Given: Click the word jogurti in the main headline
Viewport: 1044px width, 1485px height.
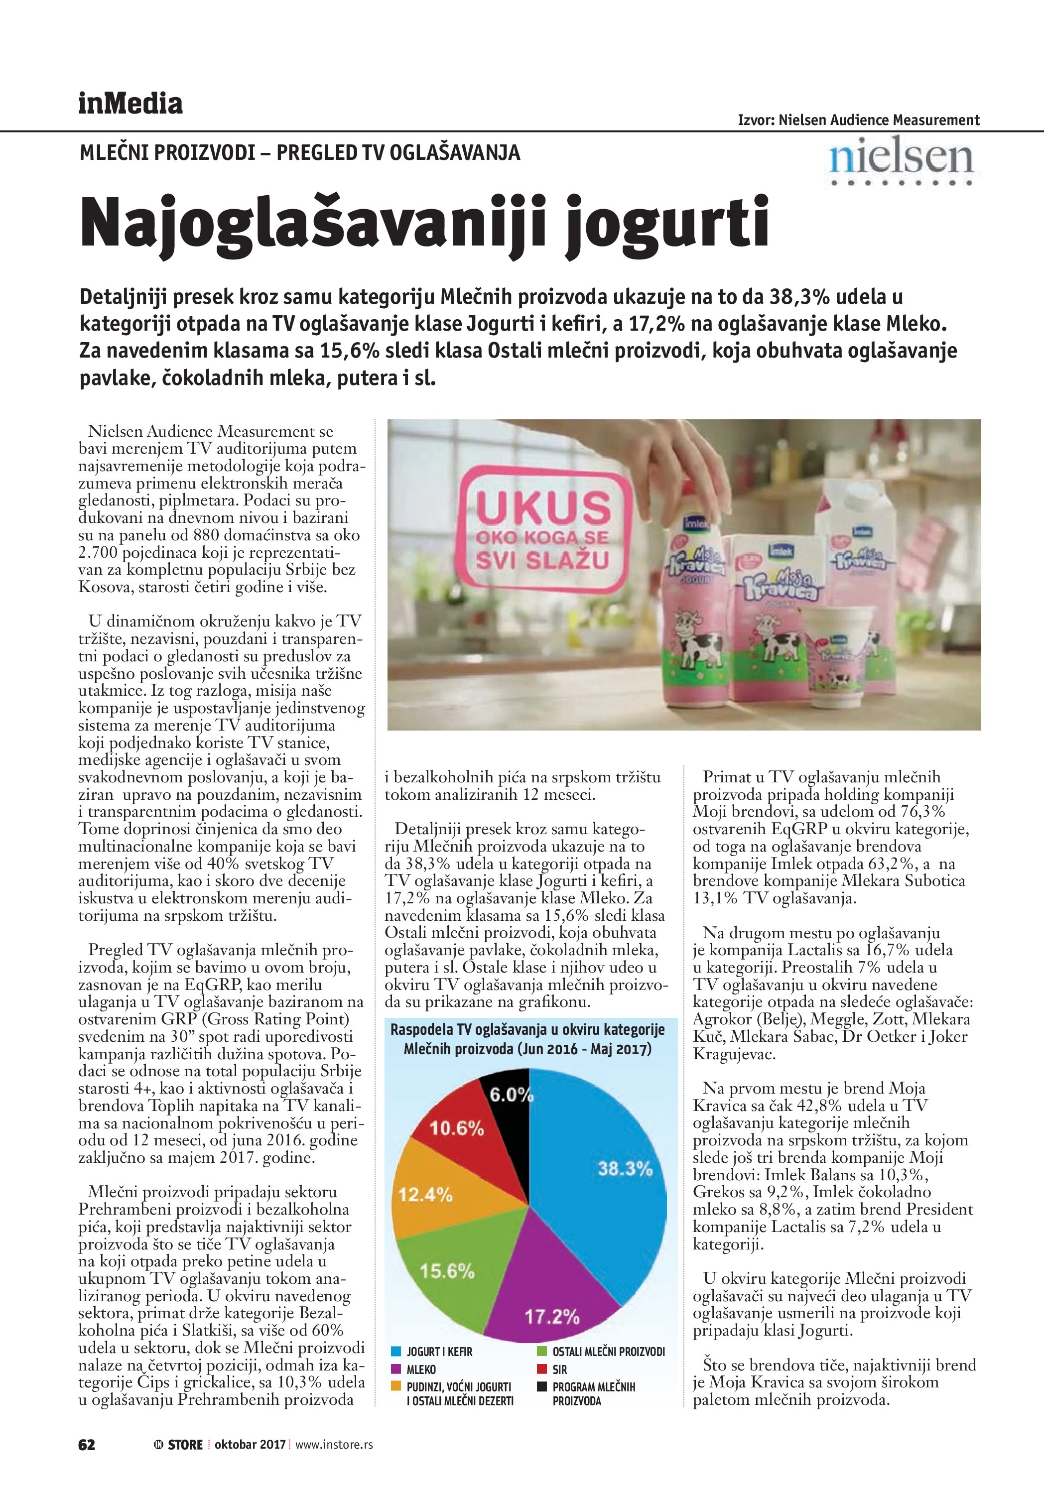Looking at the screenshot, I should (666, 223).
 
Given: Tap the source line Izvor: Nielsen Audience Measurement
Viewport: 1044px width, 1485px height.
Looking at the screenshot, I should (858, 120).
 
